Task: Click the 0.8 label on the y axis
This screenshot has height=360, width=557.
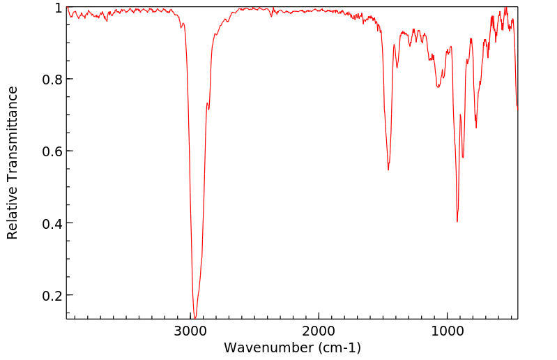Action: pos(52,80)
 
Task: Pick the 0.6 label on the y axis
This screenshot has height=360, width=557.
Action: pos(52,151)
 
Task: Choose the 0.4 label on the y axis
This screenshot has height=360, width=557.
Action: pos(52,223)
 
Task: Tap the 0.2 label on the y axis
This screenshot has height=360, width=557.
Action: pos(52,295)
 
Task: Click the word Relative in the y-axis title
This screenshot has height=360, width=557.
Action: pos(13,212)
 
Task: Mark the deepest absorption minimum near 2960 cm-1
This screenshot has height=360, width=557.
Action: pos(195,317)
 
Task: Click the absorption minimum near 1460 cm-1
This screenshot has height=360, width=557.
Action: pos(388,170)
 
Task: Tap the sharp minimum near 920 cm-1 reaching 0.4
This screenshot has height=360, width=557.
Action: pos(457,221)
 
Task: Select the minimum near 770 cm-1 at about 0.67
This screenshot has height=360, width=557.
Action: pos(476,127)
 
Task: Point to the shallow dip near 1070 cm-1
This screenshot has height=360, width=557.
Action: pos(438,87)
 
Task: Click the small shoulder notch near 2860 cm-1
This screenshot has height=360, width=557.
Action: pos(208,109)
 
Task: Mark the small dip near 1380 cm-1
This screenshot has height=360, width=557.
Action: pos(397,67)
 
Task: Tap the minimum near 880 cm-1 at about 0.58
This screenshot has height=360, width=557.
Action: pos(463,158)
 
